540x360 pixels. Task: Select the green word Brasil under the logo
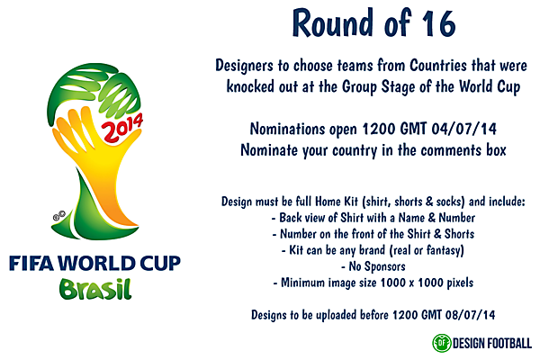pos(94,290)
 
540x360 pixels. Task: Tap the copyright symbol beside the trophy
pos(56,217)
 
